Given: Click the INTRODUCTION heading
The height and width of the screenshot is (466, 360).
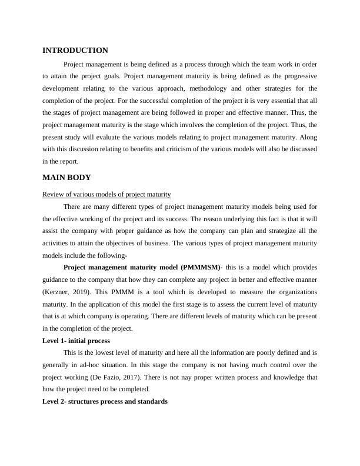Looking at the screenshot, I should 75,51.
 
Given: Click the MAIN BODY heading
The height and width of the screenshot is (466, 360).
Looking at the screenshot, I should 66,177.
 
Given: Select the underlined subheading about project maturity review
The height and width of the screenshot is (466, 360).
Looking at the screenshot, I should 106,195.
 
